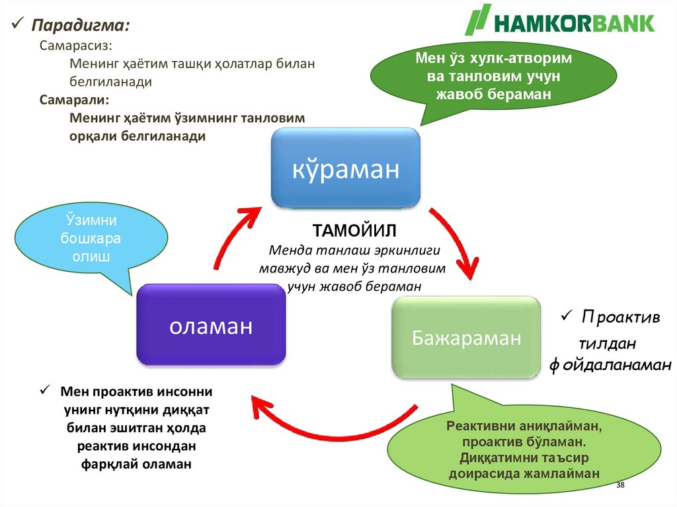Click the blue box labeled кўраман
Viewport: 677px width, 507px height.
click(346, 168)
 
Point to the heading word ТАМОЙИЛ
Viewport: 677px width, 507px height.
click(354, 232)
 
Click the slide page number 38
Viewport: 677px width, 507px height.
click(620, 486)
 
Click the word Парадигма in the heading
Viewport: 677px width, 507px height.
click(81, 26)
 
